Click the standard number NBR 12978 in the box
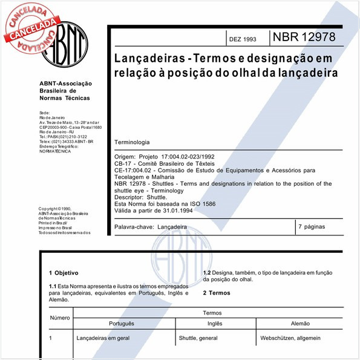pyautogui.click(x=313, y=37)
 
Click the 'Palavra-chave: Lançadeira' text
pyautogui.click(x=151, y=227)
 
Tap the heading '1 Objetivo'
pyautogui.click(x=64, y=273)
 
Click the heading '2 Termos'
pyautogui.click(x=216, y=293)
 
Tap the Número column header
pyautogui.click(x=60, y=318)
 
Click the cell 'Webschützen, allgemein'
pyautogui.click(x=290, y=338)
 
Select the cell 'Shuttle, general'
pyautogui.click(x=198, y=338)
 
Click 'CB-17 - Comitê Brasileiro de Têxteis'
pyautogui.click(x=165, y=163)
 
